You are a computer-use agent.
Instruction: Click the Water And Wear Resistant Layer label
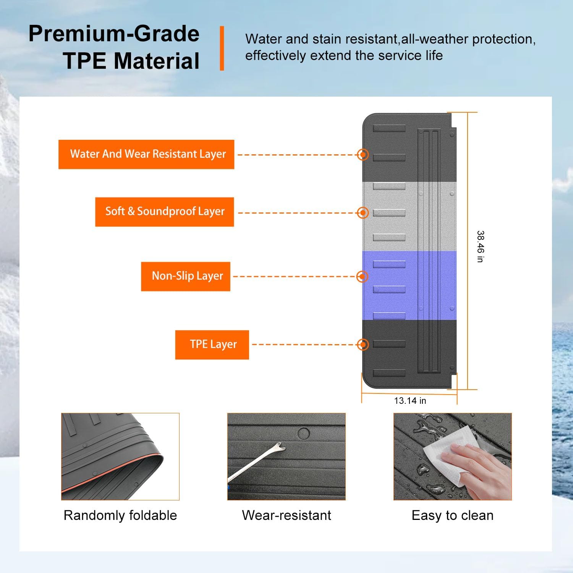(x=146, y=154)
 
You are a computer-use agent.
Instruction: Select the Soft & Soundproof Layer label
(x=165, y=212)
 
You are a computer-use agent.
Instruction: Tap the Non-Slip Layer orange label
(x=186, y=276)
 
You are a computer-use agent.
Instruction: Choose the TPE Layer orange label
(x=212, y=345)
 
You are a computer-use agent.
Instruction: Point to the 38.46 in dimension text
(x=480, y=246)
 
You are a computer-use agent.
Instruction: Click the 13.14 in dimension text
(x=410, y=401)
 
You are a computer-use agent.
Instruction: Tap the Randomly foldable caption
(x=120, y=515)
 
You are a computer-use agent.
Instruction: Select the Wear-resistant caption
(x=286, y=515)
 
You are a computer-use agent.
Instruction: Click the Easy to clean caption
(x=452, y=515)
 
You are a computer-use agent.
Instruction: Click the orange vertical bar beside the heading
(x=222, y=48)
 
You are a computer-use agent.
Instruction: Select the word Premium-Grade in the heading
(x=114, y=34)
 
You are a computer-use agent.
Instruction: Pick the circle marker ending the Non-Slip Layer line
(x=362, y=276)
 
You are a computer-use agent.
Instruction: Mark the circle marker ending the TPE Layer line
(x=363, y=345)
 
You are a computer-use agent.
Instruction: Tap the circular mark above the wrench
(x=303, y=434)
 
